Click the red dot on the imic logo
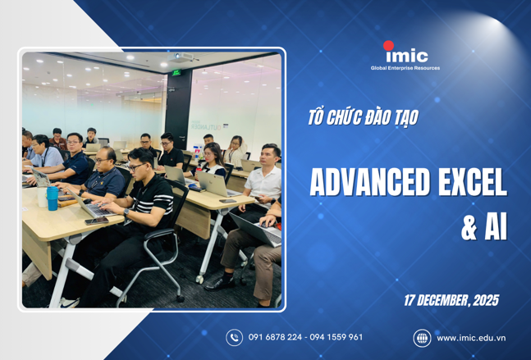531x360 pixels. tap(389, 46)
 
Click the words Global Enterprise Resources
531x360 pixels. tap(405, 68)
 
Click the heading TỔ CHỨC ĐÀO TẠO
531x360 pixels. tap(362, 118)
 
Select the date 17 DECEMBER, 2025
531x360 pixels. tap(451, 300)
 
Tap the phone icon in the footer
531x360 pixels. tap(234, 337)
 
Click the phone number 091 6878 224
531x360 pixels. tap(275, 337)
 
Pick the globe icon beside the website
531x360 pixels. tap(422, 337)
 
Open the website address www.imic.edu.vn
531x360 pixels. tap(470, 337)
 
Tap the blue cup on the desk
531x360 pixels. tap(53, 196)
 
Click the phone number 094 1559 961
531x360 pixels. tap(336, 337)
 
